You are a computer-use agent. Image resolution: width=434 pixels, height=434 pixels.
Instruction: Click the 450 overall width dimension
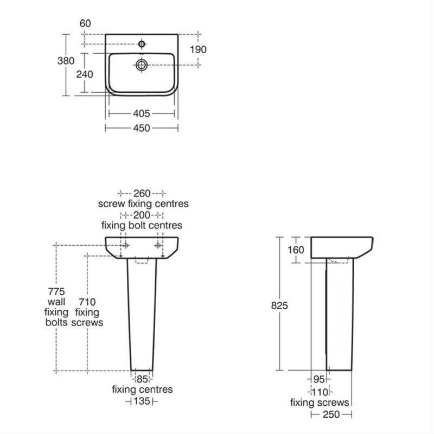click(x=142, y=128)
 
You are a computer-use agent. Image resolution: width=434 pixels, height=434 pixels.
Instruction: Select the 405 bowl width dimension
click(x=142, y=113)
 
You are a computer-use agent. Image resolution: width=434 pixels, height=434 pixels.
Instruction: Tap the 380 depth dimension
click(x=66, y=61)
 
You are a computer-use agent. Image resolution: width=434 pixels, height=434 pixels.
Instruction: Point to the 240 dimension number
click(x=85, y=74)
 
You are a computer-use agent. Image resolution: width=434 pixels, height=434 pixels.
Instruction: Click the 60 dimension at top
click(x=85, y=23)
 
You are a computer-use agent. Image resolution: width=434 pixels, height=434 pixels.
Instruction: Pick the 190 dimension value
click(x=198, y=49)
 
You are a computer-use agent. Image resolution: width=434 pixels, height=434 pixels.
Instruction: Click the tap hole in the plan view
click(x=142, y=44)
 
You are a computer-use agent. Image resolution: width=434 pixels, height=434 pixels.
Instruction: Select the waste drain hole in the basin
click(x=142, y=65)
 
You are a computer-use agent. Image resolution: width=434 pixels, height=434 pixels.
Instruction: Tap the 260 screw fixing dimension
click(x=142, y=193)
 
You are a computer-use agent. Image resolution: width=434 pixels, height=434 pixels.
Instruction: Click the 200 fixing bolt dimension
click(x=142, y=215)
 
